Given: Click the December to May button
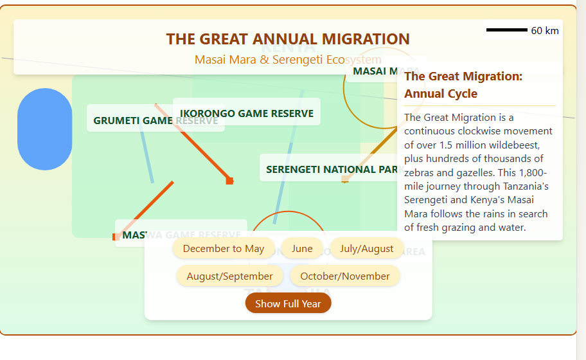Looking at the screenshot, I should click(223, 248).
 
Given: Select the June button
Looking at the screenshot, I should click(302, 248).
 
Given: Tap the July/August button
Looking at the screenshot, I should click(366, 248).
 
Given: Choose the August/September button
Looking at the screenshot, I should click(229, 276).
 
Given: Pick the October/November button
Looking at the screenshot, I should click(345, 276).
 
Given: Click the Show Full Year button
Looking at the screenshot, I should click(288, 303).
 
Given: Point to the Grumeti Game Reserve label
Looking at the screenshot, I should click(155, 120).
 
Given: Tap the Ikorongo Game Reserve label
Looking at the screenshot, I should click(247, 114).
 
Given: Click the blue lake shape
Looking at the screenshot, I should click(44, 129).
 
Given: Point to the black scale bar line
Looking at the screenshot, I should click(506, 30).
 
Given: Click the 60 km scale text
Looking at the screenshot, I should click(545, 31).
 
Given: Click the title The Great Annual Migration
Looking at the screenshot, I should click(288, 39).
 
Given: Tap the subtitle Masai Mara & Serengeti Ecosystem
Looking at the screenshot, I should click(288, 59).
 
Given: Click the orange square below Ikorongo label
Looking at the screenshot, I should click(229, 181).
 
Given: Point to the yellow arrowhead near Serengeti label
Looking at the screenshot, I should click(345, 180).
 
